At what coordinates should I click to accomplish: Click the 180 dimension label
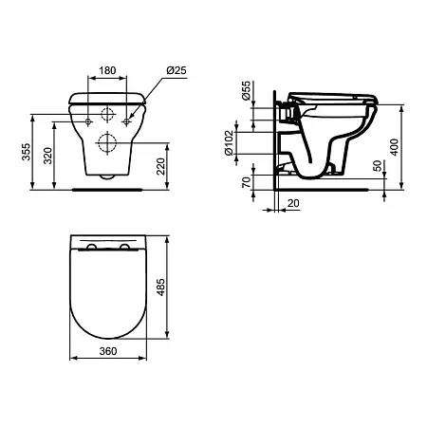pos(107,70)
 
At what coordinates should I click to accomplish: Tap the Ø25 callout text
pos(176,70)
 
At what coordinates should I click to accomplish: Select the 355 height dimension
pos(27,152)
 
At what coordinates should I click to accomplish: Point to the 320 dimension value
pos(47,156)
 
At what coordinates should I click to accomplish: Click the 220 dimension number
pos(160,166)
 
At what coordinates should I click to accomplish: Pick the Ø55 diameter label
pos(246,91)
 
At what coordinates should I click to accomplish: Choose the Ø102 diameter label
pos(229,143)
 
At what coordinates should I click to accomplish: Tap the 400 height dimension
pos(394,147)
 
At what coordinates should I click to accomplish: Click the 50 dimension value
pos(378,166)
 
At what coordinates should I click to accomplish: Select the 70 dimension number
pos(246,182)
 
